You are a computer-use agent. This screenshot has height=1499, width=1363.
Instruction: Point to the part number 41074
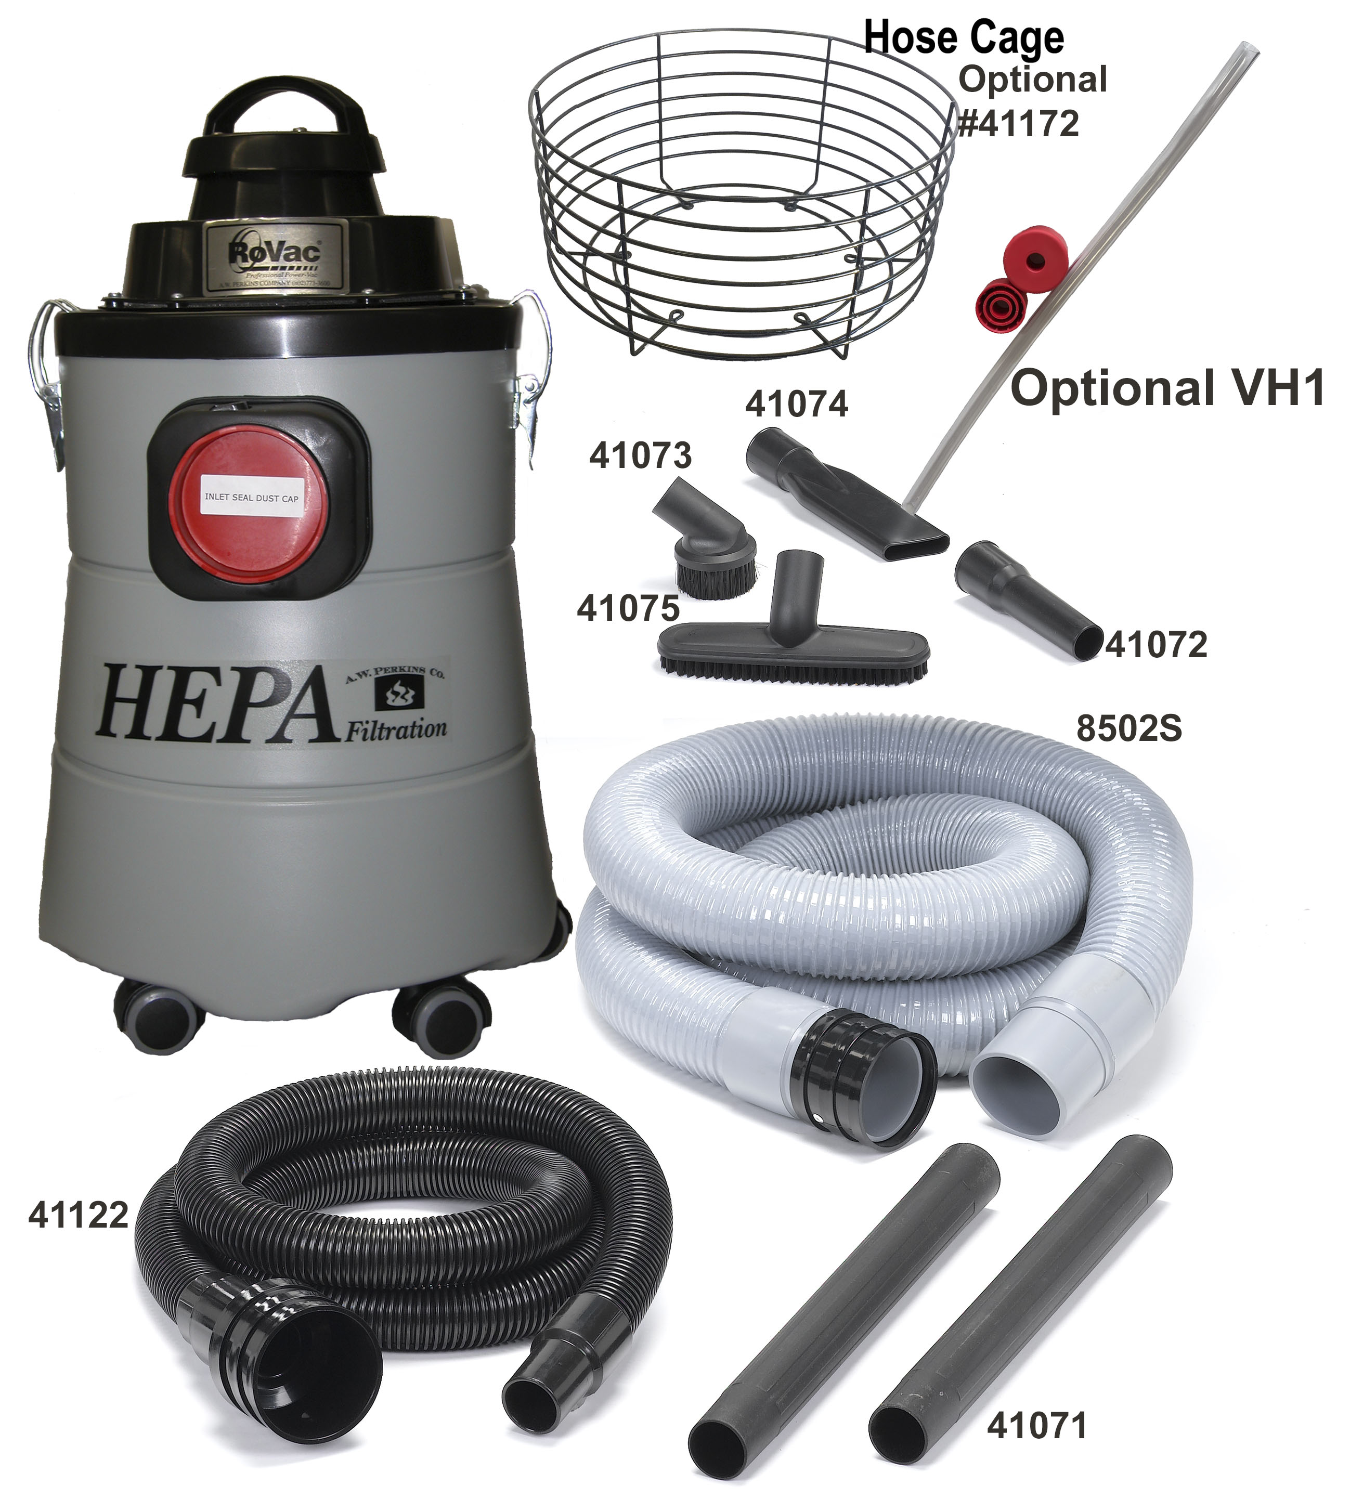click(x=796, y=405)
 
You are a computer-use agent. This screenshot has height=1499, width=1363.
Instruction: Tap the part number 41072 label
click(x=1156, y=645)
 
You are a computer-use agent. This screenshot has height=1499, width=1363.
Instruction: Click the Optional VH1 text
click(x=1168, y=389)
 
